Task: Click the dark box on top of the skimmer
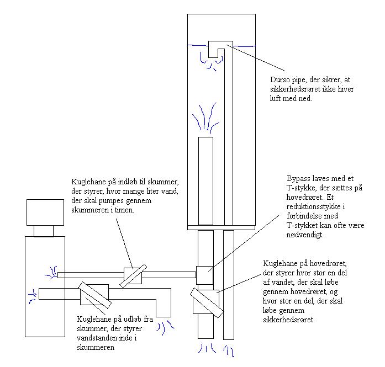point(45,211)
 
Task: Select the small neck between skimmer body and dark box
point(45,230)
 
